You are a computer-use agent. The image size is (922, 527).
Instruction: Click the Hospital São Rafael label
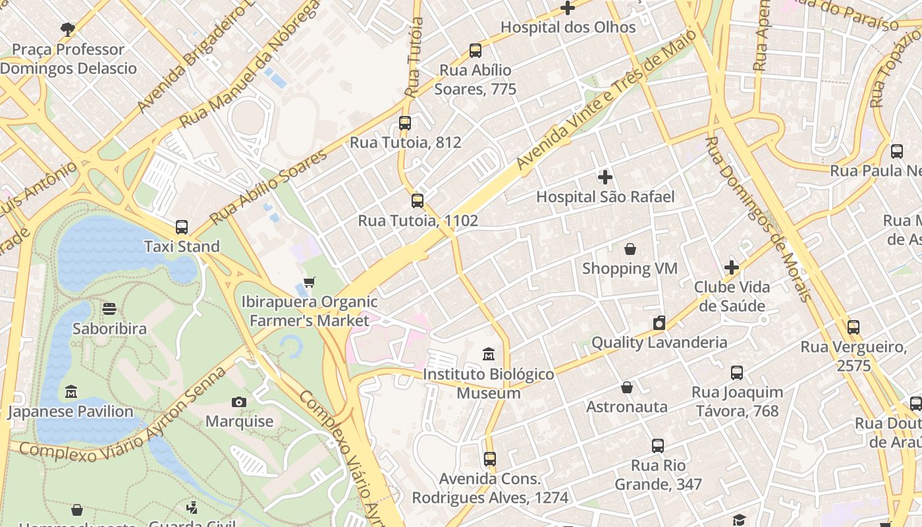605,196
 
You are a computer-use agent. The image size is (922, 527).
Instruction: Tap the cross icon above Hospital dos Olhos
568,8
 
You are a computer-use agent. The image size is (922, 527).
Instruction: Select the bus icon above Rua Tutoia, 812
405,123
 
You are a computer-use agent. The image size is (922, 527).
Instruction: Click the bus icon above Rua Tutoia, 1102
418,201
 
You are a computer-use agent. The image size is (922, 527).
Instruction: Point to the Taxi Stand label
182,246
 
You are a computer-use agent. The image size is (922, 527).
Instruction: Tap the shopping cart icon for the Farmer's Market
310,282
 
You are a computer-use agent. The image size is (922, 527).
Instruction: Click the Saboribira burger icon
109,309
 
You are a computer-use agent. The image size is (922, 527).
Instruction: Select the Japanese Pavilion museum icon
71,393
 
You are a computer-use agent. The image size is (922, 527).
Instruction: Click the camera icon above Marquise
239,402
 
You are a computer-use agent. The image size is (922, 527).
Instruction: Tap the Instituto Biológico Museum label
489,383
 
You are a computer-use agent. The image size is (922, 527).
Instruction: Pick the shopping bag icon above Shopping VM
630,249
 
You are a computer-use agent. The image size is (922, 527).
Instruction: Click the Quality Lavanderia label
659,343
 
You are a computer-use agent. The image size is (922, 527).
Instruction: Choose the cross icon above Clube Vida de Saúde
732,267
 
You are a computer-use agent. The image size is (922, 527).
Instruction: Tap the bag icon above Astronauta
627,387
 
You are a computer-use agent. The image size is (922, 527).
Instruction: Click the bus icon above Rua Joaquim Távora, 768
737,373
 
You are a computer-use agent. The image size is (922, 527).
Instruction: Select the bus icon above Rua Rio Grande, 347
658,446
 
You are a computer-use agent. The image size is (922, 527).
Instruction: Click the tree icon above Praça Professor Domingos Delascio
67,29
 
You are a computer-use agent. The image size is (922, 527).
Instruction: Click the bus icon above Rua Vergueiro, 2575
854,327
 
